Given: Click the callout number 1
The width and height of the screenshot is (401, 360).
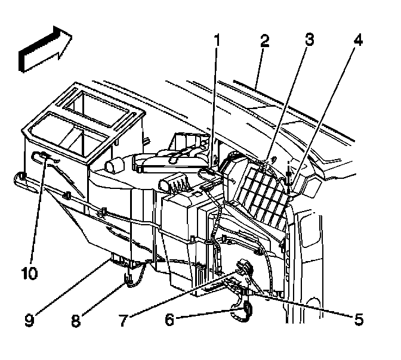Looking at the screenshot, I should [x=217, y=41].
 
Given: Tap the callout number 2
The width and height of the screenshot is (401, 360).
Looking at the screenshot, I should [x=264, y=41].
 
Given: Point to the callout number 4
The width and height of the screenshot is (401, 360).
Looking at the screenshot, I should [x=357, y=41].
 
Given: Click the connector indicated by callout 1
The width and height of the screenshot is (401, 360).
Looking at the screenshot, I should [x=206, y=173].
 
